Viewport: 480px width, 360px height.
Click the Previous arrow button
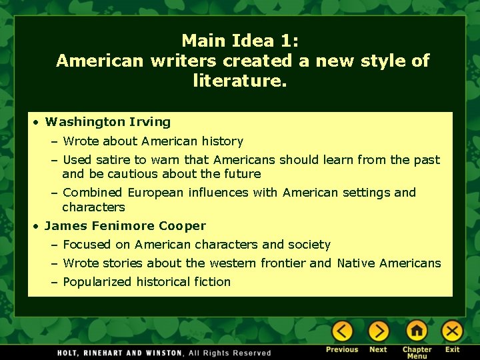(342, 331)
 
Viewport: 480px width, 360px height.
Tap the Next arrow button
(378, 331)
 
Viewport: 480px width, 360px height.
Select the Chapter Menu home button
(417, 331)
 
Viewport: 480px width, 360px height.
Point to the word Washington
(85, 122)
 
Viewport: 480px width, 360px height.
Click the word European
(159, 193)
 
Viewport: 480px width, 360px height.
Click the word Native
(356, 263)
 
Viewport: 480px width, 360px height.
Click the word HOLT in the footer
(69, 353)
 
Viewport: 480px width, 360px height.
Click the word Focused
(87, 245)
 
